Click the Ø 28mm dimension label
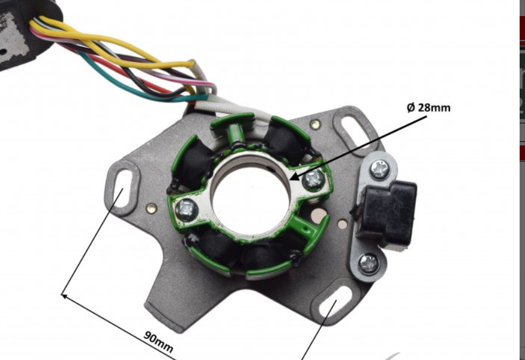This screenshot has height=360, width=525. (428, 108)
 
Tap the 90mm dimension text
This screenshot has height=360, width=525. (158, 342)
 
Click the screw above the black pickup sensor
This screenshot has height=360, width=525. (379, 169)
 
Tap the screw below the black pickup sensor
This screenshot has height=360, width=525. (369, 264)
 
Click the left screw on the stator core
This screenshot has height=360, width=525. (186, 209)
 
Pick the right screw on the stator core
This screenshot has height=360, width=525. (313, 179)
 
